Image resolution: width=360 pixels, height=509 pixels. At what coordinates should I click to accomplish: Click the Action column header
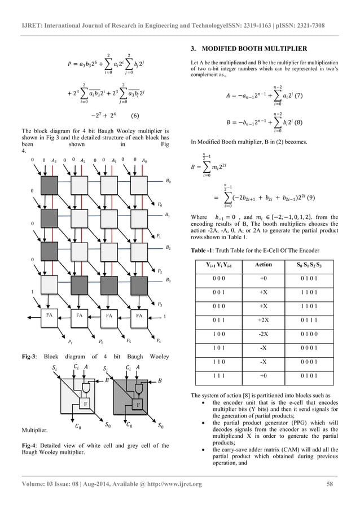point(264,264)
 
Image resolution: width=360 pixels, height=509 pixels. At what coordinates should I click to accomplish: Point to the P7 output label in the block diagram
point(70,341)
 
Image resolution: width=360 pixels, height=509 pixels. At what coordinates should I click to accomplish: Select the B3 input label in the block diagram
point(168,279)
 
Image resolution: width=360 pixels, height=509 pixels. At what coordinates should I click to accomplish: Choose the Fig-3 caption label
point(28,357)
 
